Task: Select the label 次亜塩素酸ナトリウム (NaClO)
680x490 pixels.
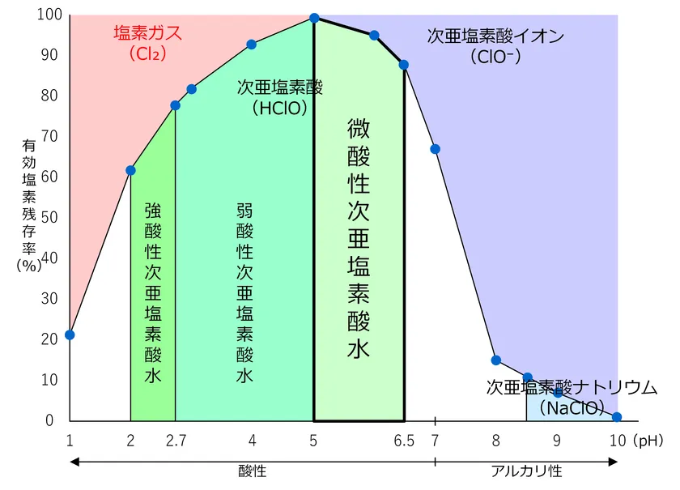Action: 572,397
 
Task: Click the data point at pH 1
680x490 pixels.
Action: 70,334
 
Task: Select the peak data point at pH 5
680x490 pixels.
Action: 314,18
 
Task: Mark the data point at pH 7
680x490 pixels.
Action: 435,149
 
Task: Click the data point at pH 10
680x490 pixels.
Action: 617,417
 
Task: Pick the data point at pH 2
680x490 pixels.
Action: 130,170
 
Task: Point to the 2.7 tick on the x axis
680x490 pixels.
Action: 175,441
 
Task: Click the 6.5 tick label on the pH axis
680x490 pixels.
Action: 404,441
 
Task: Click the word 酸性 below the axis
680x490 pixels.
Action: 252,471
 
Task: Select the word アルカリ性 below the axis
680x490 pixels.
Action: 526,471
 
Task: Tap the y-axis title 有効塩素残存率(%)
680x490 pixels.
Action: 28,207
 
